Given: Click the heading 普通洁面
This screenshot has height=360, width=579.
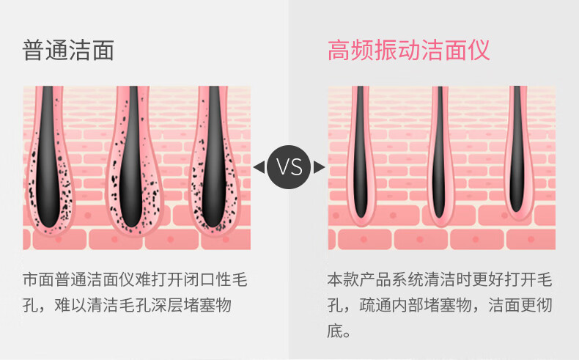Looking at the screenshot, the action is (x=69, y=50).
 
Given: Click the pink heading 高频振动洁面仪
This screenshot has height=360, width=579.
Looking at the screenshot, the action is (x=408, y=50).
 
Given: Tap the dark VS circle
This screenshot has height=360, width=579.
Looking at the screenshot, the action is (x=289, y=167).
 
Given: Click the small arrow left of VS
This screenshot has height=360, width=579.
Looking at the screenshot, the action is (x=258, y=167).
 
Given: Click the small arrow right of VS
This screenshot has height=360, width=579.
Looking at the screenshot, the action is (x=320, y=167).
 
